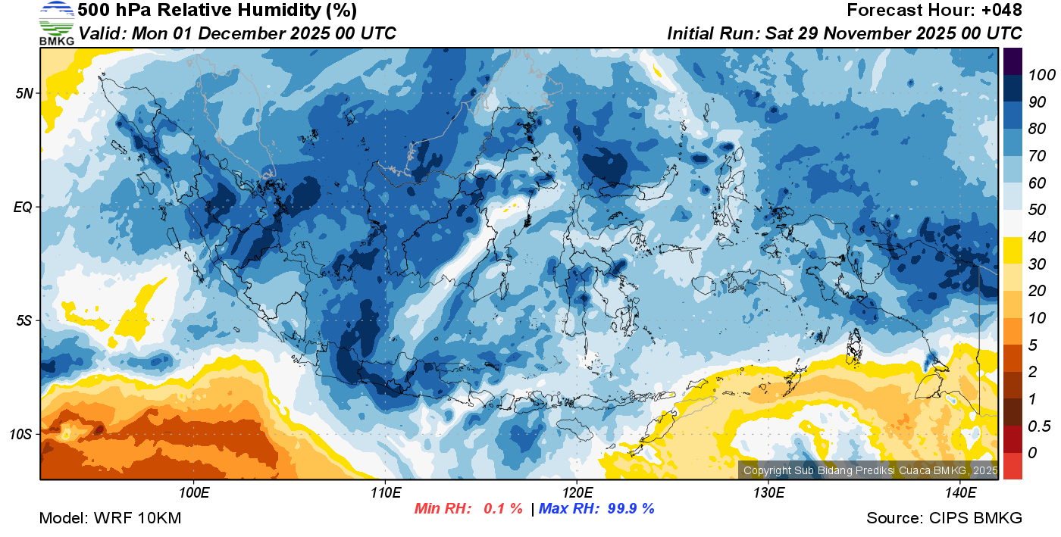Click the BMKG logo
56,23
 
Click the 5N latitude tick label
23,93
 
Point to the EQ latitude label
23,207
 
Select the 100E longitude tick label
194,493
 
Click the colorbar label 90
1037,101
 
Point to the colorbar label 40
1037,237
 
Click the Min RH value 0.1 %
503,508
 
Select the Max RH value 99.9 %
628,508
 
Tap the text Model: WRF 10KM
110,518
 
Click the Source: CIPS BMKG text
944,518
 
